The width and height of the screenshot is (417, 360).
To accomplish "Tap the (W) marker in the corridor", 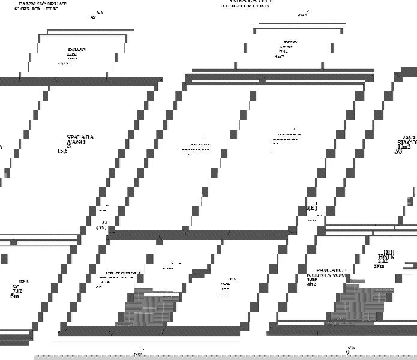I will click(101, 227).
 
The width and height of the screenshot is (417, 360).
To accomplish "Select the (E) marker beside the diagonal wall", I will click(313, 208).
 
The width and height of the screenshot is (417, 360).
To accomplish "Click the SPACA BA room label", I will click(80, 137).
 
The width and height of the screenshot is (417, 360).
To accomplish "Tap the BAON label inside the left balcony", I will click(76, 50).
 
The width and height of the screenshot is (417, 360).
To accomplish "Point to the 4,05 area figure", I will click(311, 280).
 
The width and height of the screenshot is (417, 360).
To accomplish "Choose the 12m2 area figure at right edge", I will click(404, 146).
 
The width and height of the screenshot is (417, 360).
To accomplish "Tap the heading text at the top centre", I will click(247, 3).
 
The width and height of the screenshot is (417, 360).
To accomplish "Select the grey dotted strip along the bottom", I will click(225, 356).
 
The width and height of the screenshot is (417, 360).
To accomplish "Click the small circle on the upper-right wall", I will click(262, 79).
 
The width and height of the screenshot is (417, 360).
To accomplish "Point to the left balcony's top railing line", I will click(82, 34).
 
